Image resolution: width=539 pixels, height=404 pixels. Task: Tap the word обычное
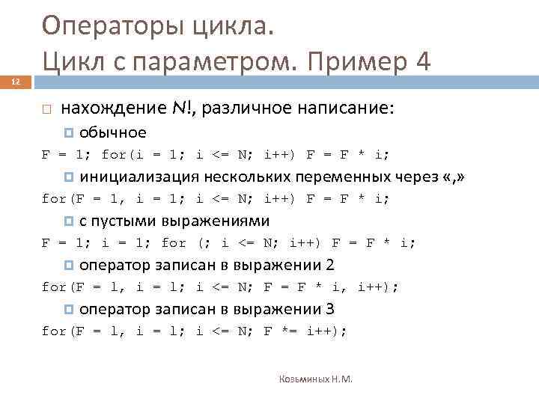click(x=112, y=132)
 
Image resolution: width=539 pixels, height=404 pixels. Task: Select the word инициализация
click(x=139, y=177)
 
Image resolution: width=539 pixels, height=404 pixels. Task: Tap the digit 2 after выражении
click(x=330, y=265)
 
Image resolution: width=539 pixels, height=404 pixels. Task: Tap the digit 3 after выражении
click(x=330, y=309)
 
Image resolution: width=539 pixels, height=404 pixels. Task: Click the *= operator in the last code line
click(x=288, y=331)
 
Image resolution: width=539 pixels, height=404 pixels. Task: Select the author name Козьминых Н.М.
click(x=315, y=379)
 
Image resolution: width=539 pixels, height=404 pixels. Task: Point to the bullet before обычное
click(x=70, y=133)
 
